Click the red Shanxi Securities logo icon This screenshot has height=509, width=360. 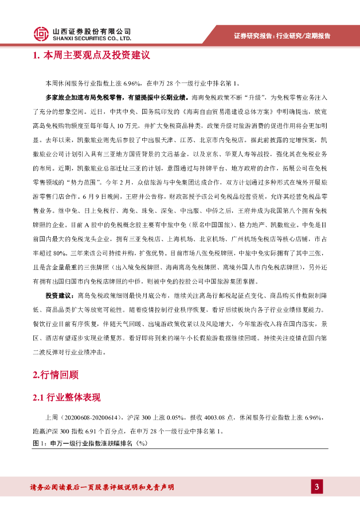pyautogui.click(x=42, y=33)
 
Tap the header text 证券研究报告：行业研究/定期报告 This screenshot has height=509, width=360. pyautogui.click(x=282, y=35)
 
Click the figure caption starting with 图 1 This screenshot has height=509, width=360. pyautogui.click(x=90, y=443)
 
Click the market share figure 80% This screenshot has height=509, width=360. pyautogui.click(x=58, y=248)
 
